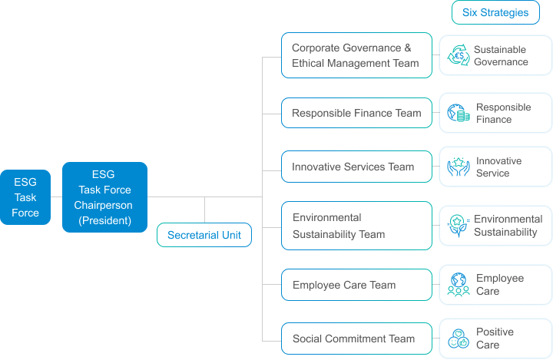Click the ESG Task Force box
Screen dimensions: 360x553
(25, 197)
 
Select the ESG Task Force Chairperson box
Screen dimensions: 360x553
(104, 197)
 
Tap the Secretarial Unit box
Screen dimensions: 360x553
(204, 235)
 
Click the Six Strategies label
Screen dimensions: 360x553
(495, 12)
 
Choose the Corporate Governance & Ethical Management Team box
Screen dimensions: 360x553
(356, 55)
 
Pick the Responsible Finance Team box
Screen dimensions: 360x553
(356, 113)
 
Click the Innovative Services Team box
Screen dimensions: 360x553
(356, 167)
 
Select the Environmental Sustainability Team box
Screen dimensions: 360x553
(356, 226)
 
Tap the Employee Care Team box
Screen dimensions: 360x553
(356, 285)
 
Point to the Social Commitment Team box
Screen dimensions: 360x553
(356, 339)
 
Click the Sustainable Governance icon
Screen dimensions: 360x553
(459, 55)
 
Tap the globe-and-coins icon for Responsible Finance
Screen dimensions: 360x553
(459, 114)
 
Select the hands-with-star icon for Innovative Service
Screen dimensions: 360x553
(459, 167)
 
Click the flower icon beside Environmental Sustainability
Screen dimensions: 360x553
(459, 226)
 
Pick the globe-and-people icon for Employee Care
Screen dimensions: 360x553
(459, 285)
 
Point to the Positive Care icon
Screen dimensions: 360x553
(459, 339)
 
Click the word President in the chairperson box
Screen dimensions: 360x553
(105, 220)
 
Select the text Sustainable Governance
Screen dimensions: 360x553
(501, 55)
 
